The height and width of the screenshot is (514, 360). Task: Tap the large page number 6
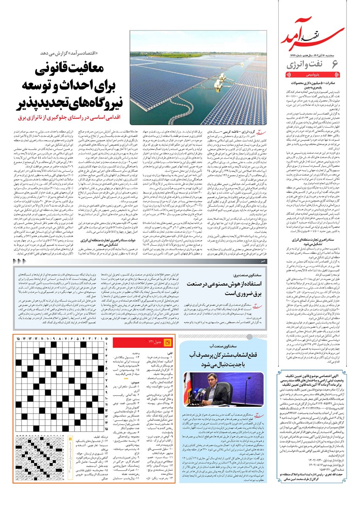pyautogui.click(x=335, y=65)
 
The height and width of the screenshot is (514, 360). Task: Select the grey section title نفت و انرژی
pyautogui.click(x=307, y=65)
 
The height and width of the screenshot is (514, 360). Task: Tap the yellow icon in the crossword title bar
pyautogui.click(x=167, y=342)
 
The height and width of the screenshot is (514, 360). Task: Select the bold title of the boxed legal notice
pyautogui.click(x=311, y=379)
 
